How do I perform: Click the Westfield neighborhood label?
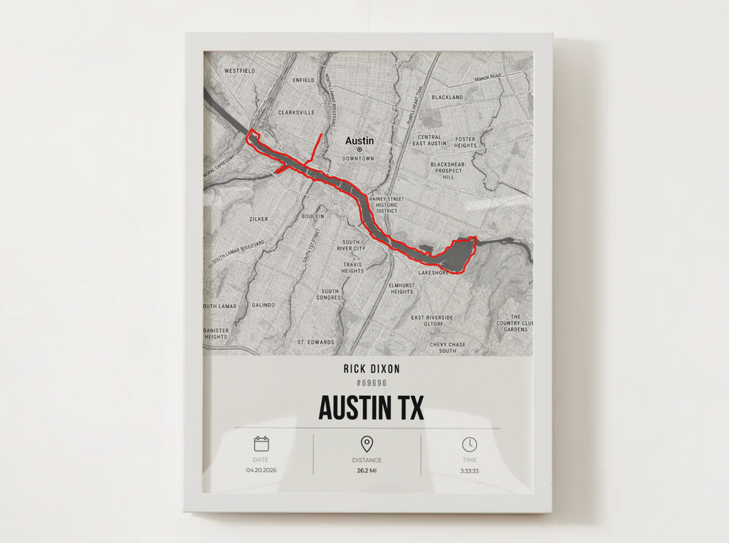(239, 71)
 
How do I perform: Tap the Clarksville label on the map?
(296, 112)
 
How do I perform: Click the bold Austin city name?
(360, 141)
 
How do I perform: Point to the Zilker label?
(259, 219)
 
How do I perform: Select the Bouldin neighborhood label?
(313, 216)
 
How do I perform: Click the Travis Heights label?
(352, 268)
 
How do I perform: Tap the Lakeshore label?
(434, 273)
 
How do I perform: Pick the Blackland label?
(447, 97)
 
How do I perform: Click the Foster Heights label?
(466, 142)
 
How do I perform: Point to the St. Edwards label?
(316, 342)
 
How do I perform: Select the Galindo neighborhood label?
(263, 305)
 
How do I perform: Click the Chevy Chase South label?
(448, 348)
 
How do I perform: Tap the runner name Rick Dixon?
(372, 369)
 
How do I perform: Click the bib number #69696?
(372, 383)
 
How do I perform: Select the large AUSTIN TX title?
(371, 408)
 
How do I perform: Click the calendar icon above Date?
(261, 444)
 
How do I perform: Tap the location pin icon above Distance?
(367, 445)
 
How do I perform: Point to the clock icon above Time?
(469, 444)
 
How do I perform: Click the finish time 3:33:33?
(469, 470)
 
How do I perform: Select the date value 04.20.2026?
(261, 470)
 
